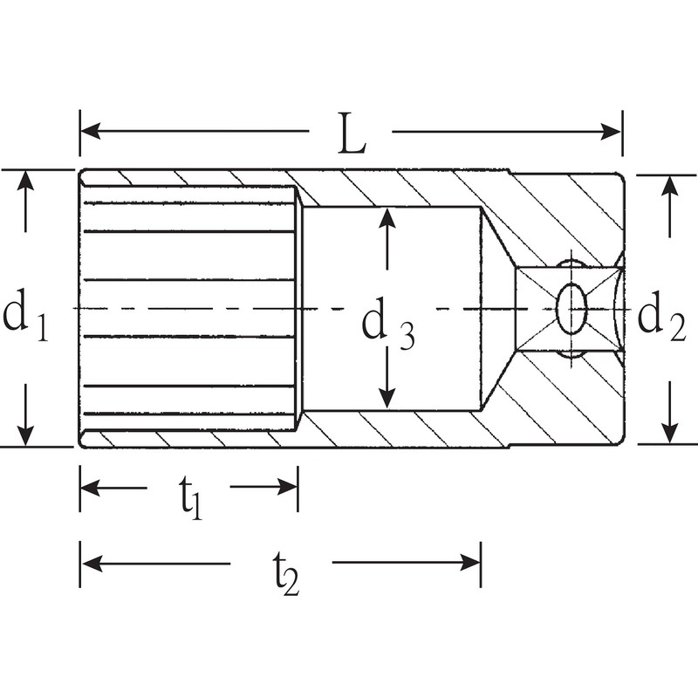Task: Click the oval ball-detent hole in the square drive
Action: point(572,308)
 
